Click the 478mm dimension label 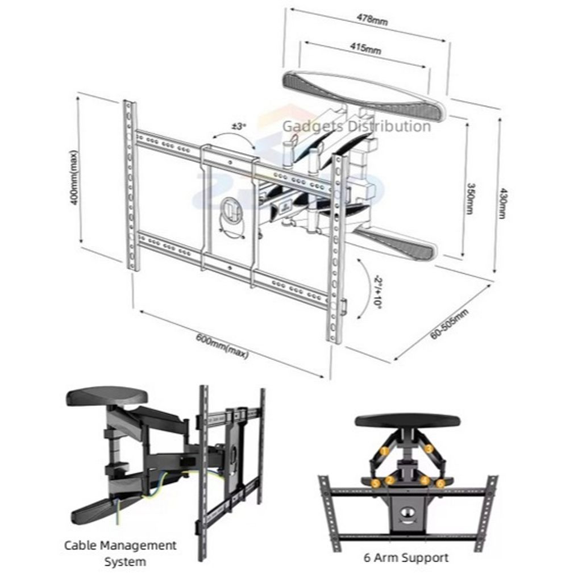pyautogui.click(x=372, y=19)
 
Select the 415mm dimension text pyautogui.click(x=365, y=48)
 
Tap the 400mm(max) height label pyautogui.click(x=73, y=177)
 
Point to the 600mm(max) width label pyautogui.click(x=222, y=347)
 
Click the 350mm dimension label pyautogui.click(x=470, y=198)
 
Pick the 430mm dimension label pyautogui.click(x=502, y=203)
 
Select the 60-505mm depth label pyautogui.click(x=450, y=323)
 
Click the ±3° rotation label pyautogui.click(x=239, y=126)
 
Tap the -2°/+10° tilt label pyautogui.click(x=378, y=292)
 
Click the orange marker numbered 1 pyautogui.click(x=385, y=451)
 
